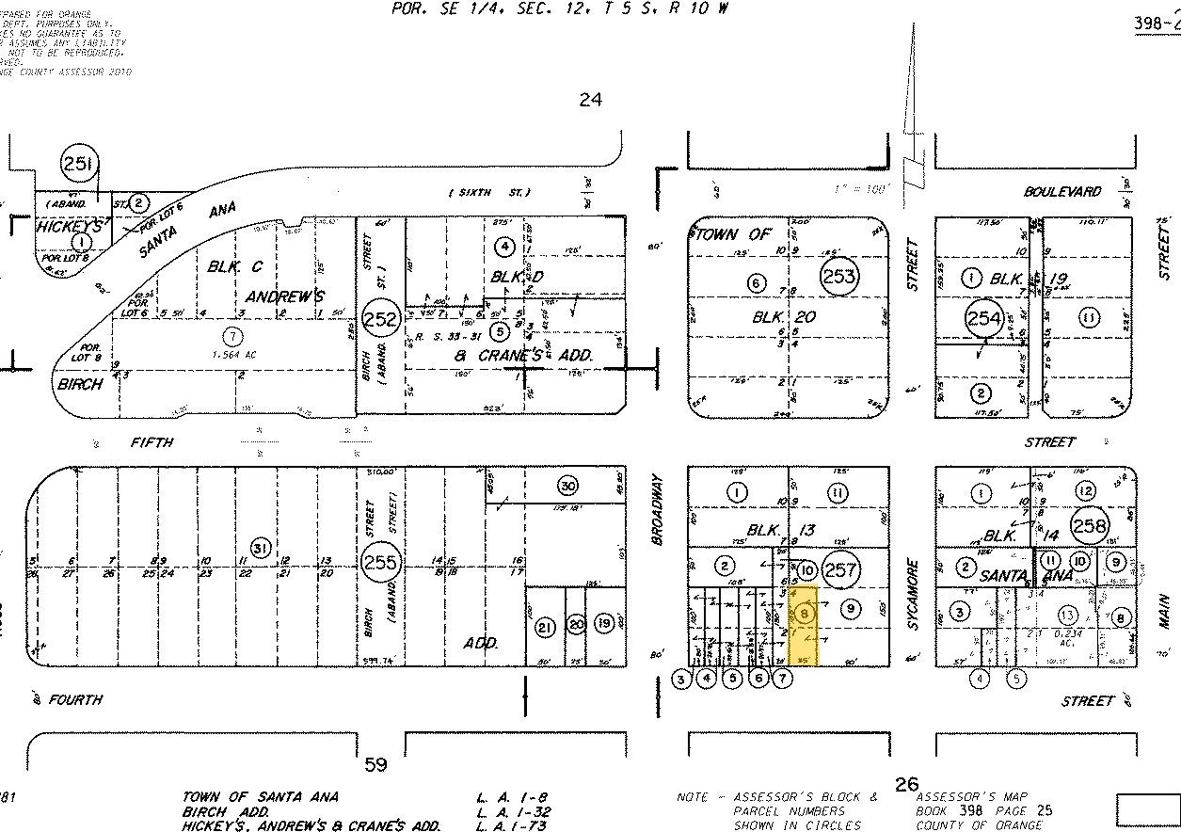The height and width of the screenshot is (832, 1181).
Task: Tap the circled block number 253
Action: coord(838,276)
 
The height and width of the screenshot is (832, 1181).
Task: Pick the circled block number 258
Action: coord(1089,526)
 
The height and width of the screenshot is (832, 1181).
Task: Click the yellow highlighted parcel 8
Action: coord(806,625)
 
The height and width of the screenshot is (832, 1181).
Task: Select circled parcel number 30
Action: coord(567,486)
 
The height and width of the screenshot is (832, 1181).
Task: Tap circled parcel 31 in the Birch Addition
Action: coord(260,548)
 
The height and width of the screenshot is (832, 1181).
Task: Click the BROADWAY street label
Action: coord(659,508)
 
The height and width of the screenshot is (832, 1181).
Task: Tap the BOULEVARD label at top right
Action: coord(1062,192)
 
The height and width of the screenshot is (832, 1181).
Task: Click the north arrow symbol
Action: coord(912,104)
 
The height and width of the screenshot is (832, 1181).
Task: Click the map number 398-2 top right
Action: coord(1157,24)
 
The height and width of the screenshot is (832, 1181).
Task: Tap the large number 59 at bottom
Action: coord(375,765)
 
